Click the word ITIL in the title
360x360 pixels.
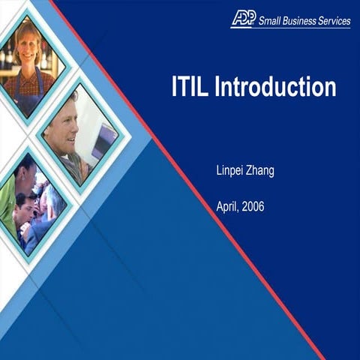click(190, 87)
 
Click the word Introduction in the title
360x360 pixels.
click(275, 87)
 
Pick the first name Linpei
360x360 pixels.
click(231, 171)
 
